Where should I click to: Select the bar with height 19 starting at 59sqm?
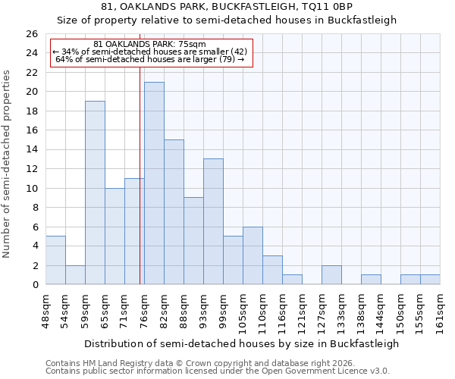pyautogui.click(x=95, y=193)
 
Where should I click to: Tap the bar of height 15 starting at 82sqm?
pyautogui.click(x=174, y=212)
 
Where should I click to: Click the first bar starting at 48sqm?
pyautogui.click(x=55, y=260)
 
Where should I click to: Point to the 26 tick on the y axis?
pyautogui.click(x=31, y=34)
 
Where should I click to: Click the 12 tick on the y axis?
pyautogui.click(x=31, y=169)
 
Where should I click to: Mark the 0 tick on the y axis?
pyautogui.click(x=34, y=285)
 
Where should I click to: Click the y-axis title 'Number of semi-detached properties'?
pyautogui.click(x=8, y=164)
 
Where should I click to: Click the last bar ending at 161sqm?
pyautogui.click(x=430, y=280)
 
